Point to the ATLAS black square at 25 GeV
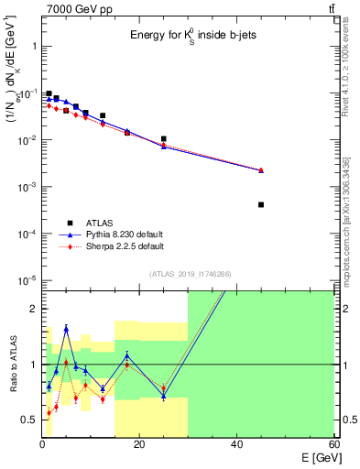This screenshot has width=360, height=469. tap(164, 139)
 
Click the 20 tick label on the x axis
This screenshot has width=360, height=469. tap(139, 444)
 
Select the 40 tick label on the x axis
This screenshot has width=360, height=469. tap(236, 444)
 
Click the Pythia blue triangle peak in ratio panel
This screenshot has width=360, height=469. tap(66, 327)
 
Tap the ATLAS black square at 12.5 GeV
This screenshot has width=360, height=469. tap(103, 116)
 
